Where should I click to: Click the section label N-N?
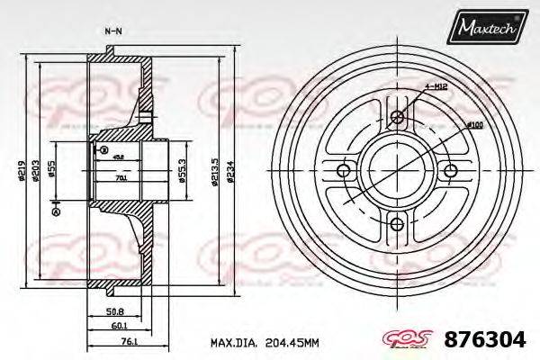[x=113, y=31]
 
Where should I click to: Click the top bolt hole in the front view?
[x=399, y=115]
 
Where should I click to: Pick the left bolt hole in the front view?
[x=343, y=171]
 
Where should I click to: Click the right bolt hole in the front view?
[x=453, y=171]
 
